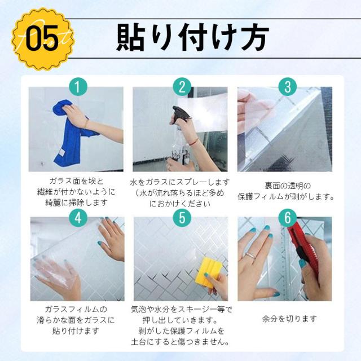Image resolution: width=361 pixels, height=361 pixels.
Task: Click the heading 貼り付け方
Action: pyautogui.click(x=192, y=38)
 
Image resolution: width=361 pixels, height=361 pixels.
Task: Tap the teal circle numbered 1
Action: pyautogui.click(x=78, y=87)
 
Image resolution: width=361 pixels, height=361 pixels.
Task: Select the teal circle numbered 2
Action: pyautogui.click(x=182, y=87)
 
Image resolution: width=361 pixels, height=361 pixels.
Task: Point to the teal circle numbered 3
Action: pyautogui.click(x=287, y=87)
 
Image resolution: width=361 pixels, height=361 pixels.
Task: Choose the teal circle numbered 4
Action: pyautogui.click(x=78, y=218)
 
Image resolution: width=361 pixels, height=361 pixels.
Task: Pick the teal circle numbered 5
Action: pyautogui.click(x=182, y=218)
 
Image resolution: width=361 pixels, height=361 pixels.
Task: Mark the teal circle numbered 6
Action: pyautogui.click(x=287, y=218)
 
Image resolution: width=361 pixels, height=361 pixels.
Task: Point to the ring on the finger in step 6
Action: pyautogui.click(x=251, y=256)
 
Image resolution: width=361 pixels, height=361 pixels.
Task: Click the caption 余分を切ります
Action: pyautogui.click(x=289, y=319)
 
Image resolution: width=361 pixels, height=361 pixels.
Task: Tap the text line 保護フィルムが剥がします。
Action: pyautogui.click(x=286, y=197)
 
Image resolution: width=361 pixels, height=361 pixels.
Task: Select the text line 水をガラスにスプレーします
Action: pyautogui.click(x=180, y=182)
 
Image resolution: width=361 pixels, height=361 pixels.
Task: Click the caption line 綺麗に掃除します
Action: pyautogui.click(x=76, y=202)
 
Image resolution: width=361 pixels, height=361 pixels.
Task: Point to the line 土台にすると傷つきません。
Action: pyautogui.click(x=180, y=342)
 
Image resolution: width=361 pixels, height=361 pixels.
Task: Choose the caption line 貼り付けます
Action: pyautogui.click(x=76, y=331)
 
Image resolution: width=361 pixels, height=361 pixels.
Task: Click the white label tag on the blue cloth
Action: pyautogui.click(x=61, y=153)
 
